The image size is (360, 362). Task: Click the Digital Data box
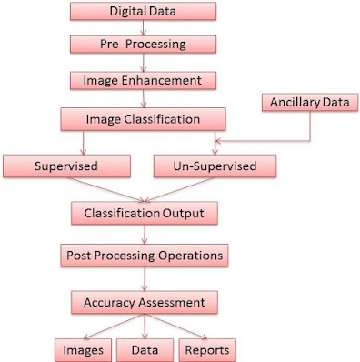(x=143, y=11)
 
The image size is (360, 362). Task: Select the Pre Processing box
(x=143, y=45)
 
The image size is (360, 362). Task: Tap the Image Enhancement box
(x=143, y=81)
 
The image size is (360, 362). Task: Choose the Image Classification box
(x=143, y=119)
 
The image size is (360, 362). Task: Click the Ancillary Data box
(x=310, y=102)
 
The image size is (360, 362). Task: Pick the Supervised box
(x=66, y=166)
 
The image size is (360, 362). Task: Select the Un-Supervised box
(x=215, y=166)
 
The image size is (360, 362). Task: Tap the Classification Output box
(x=145, y=213)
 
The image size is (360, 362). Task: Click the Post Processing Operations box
(x=145, y=256)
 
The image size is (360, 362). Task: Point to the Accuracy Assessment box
(x=145, y=302)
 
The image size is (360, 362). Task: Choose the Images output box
(x=83, y=350)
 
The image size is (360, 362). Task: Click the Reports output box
(x=207, y=350)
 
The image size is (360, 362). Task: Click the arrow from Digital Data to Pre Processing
(x=144, y=28)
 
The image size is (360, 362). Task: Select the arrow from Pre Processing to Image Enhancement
(x=144, y=63)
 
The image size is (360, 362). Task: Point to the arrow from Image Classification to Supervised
(x=84, y=143)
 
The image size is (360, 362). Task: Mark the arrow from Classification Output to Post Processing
(x=145, y=235)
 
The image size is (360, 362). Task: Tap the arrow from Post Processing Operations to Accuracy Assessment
(x=145, y=279)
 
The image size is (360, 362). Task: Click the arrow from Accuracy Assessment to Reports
(x=175, y=327)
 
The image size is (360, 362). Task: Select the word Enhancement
(x=162, y=81)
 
